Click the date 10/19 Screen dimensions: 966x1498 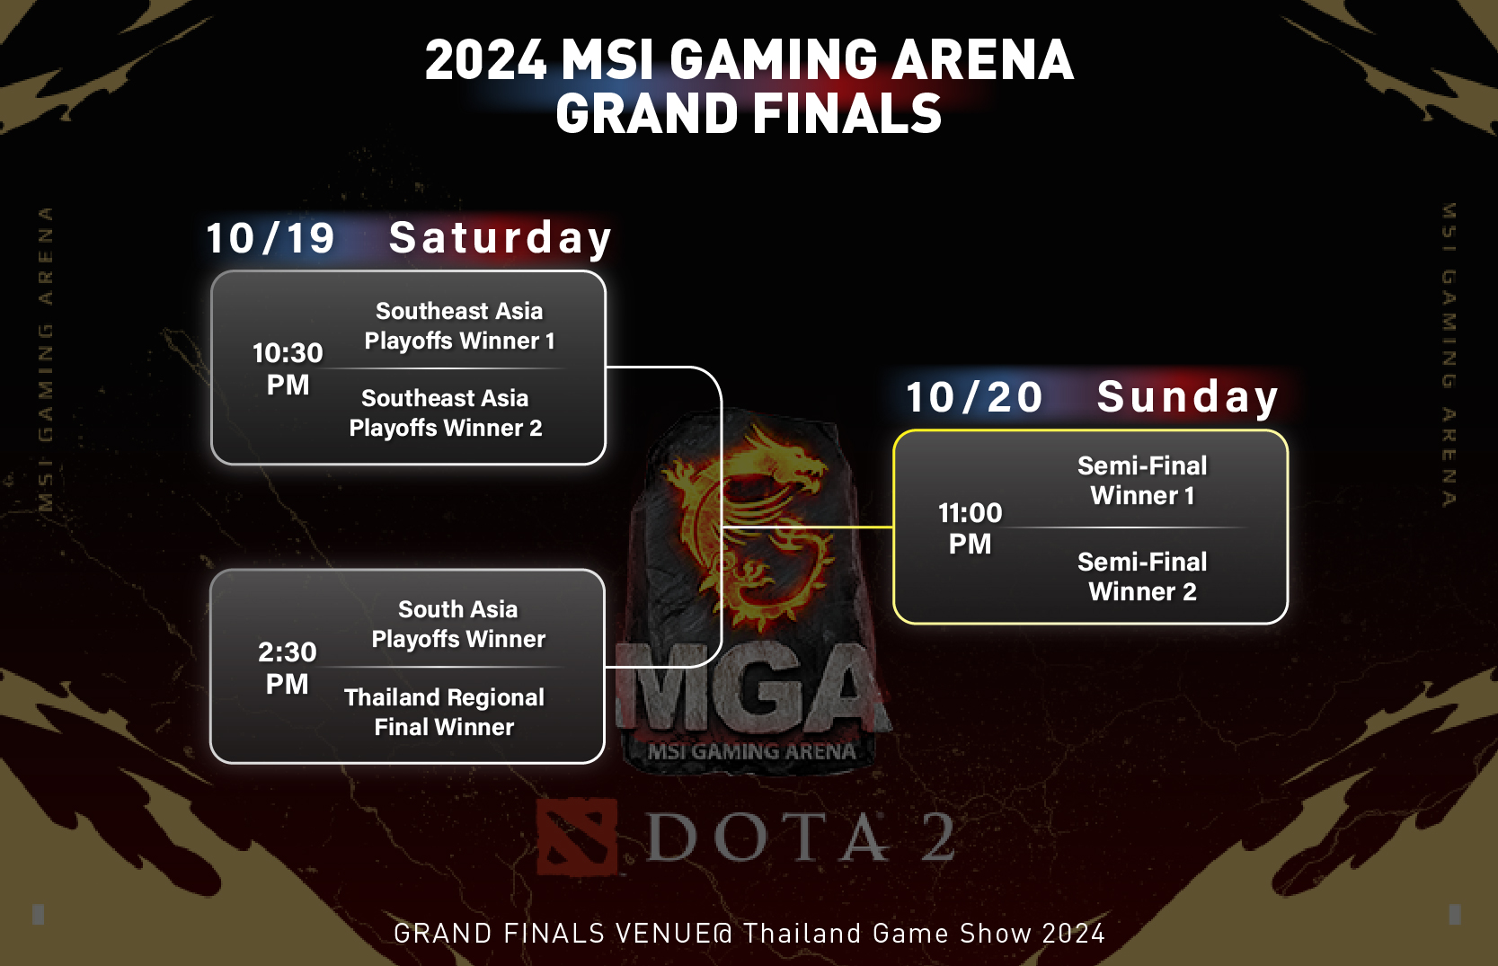point(270,239)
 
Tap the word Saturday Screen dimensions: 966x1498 point(500,239)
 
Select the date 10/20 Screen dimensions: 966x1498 point(974,398)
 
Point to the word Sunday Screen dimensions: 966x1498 point(1187,398)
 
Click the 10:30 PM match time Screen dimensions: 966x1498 point(288,368)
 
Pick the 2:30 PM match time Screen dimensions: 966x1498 point(288,668)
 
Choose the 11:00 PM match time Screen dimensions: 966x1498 point(970,528)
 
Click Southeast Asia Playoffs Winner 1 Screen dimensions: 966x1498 point(459,326)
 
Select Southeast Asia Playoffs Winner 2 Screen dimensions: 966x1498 point(446,413)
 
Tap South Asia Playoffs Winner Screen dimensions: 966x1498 point(458,625)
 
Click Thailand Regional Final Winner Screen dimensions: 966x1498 point(445,713)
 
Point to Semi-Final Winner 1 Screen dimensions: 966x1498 point(1142,481)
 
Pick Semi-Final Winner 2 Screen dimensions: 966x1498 point(1142,577)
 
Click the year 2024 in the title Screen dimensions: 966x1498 point(486,60)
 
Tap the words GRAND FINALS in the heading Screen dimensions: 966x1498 point(749,114)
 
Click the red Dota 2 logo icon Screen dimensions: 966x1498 point(576,837)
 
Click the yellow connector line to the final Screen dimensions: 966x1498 point(809,527)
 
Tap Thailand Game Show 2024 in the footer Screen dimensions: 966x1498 point(924,934)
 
